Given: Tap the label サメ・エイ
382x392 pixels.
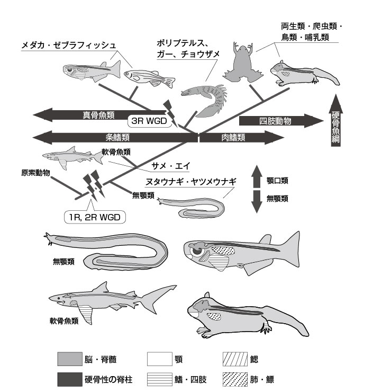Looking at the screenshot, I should click(168, 165).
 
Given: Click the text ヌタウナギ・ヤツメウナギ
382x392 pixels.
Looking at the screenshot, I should click(190, 181).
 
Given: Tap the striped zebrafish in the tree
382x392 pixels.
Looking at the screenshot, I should click(149, 78).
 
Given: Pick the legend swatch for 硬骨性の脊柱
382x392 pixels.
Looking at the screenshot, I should click(69, 379).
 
